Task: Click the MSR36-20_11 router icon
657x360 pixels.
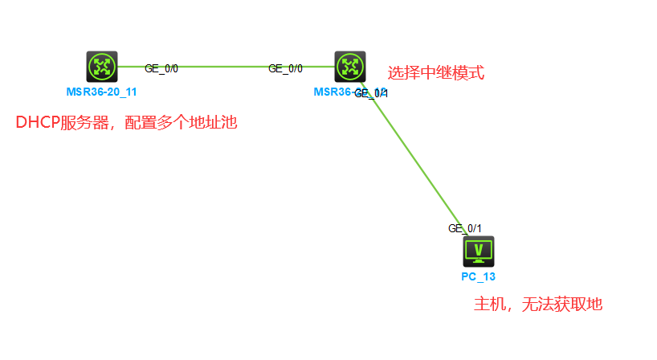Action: pyautogui.click(x=102, y=66)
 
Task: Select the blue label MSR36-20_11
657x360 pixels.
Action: pyautogui.click(x=102, y=92)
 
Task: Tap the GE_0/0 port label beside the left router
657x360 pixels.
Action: pyautogui.click(x=161, y=68)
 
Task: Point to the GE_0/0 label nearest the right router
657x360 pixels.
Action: pyautogui.click(x=285, y=68)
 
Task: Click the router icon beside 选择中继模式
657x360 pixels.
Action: pyautogui.click(x=350, y=66)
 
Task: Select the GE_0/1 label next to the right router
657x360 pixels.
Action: pyautogui.click(x=372, y=93)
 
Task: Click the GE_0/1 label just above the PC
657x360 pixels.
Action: pyautogui.click(x=465, y=228)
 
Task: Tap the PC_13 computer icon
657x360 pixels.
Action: pyautogui.click(x=479, y=252)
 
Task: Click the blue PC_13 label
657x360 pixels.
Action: pyautogui.click(x=479, y=277)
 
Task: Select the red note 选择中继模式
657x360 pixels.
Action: pyautogui.click(x=436, y=73)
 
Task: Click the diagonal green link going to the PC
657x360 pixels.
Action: pyautogui.click(x=414, y=157)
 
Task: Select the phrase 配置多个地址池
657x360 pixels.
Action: pyautogui.click(x=182, y=123)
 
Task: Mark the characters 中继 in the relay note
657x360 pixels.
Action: pyautogui.click(x=436, y=73)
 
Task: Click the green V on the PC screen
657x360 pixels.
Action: pyautogui.click(x=479, y=249)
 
